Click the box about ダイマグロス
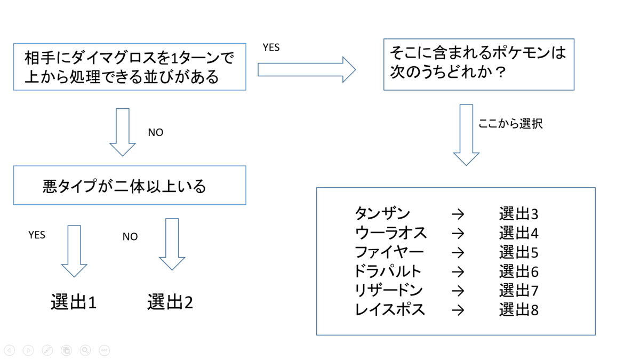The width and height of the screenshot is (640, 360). coord(129,67)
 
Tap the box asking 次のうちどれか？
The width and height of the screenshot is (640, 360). coord(478,64)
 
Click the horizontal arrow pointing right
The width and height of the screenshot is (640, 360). coord(306,69)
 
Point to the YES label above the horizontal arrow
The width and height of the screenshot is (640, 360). coord(271,47)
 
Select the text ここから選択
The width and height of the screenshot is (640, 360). coord(510,124)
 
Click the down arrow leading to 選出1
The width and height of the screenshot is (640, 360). coord(74,250)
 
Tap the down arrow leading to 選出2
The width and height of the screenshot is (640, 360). coord(172,244)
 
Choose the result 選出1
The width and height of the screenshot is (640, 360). coord(74,302)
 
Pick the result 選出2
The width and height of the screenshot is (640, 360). coord(170,302)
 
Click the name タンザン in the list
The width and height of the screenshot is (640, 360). coord(382,214)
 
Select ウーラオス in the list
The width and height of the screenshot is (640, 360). coord(391,233)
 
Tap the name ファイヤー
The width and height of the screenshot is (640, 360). coord(389,252)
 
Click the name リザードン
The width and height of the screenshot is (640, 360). coord(389,291)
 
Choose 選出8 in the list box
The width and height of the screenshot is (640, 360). coord(518,310)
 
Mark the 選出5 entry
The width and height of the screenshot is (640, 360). coord(518,252)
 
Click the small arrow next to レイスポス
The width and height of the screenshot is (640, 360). coord(458,310)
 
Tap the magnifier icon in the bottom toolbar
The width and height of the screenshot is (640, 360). coord(85,350)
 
